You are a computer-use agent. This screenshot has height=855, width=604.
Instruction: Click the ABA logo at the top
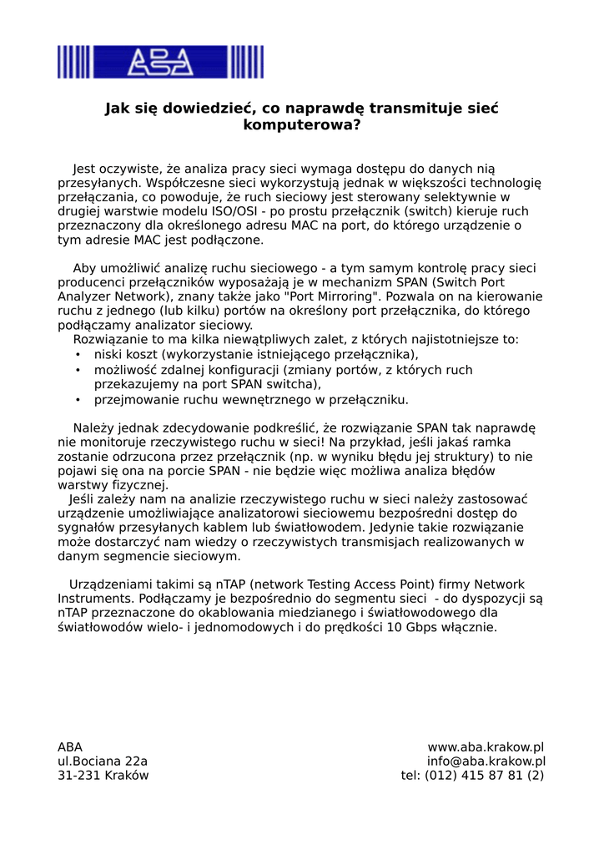pyautogui.click(x=160, y=62)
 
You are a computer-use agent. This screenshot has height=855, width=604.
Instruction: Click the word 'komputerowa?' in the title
pyautogui.click(x=301, y=126)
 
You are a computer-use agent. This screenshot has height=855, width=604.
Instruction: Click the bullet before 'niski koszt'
pyautogui.click(x=78, y=355)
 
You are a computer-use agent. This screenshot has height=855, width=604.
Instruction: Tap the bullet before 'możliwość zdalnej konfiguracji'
pyautogui.click(x=78, y=370)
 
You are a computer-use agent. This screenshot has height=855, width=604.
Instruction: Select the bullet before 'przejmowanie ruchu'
pyautogui.click(x=78, y=400)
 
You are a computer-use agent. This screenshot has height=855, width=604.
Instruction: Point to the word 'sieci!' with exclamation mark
pyautogui.click(x=306, y=442)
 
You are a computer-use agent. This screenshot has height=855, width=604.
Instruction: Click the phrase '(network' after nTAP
pyautogui.click(x=278, y=584)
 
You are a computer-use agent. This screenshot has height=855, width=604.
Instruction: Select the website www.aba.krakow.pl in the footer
pyautogui.click(x=486, y=747)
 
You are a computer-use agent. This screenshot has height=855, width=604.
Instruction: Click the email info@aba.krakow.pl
pyautogui.click(x=486, y=761)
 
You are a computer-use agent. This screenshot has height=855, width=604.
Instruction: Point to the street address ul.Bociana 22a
pyautogui.click(x=103, y=761)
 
